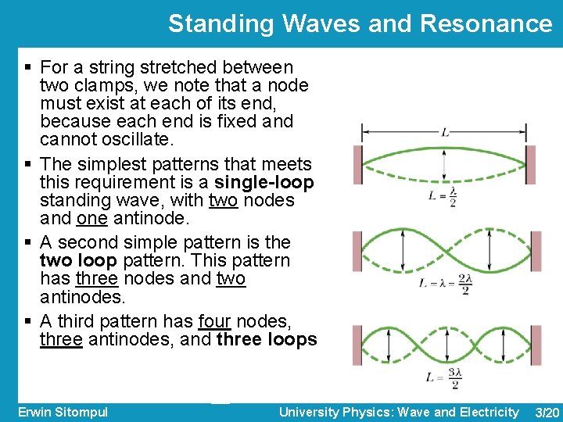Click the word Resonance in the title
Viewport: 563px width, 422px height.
[486, 23]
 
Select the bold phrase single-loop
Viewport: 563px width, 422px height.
[264, 183]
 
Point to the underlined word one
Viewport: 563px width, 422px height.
[91, 219]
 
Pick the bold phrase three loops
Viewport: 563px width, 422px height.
[267, 339]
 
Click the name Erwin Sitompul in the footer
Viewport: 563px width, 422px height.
[63, 412]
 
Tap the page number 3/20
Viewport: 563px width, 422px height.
[545, 413]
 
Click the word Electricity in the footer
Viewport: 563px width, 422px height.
[489, 412]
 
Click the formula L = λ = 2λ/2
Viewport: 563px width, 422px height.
[445, 283]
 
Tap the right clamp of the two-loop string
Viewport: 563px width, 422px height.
[529, 251]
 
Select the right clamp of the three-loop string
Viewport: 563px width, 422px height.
[529, 345]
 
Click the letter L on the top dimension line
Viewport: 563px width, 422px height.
[444, 133]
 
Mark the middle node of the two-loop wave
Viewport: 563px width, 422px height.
[444, 251]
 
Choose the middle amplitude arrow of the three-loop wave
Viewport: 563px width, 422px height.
[444, 345]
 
